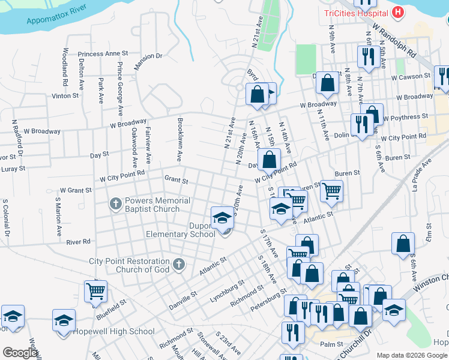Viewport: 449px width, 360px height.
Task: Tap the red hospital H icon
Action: (x=397, y=12)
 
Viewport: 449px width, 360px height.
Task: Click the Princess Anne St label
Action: (x=103, y=53)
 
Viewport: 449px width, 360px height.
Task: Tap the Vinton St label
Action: (x=65, y=95)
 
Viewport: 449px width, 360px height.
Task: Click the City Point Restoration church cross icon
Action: (x=178, y=264)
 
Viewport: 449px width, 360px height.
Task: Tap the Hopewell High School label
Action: (x=114, y=331)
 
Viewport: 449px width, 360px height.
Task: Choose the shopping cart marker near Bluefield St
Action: (x=95, y=291)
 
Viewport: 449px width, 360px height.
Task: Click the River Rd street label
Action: (x=78, y=242)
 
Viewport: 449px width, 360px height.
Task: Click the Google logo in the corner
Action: (x=20, y=353)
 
